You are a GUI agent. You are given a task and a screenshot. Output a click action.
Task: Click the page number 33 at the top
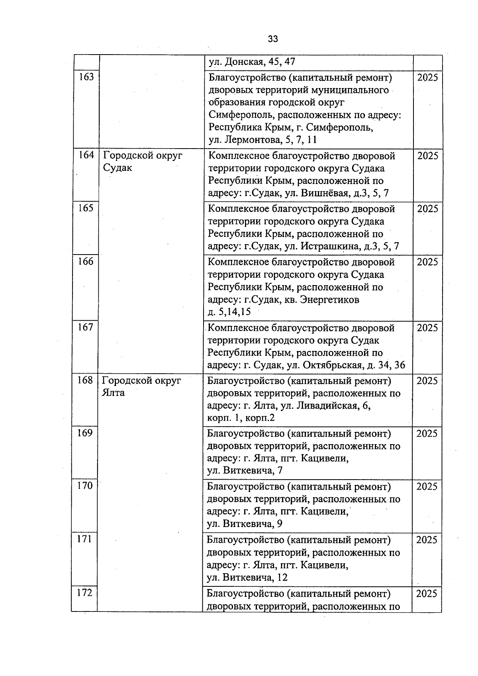(273, 39)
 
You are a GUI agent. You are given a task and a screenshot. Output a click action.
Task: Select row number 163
(86, 76)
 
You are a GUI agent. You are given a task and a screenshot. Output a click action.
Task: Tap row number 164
(86, 155)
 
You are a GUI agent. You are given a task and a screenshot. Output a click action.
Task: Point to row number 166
(86, 261)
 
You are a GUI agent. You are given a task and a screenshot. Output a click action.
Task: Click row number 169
(84, 433)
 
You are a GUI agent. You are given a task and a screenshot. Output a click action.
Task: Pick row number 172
(84, 593)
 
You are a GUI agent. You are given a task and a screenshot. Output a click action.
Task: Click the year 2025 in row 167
(427, 328)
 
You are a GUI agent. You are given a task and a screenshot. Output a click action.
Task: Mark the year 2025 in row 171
(427, 540)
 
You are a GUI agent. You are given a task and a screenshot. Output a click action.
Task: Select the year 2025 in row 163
(427, 77)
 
